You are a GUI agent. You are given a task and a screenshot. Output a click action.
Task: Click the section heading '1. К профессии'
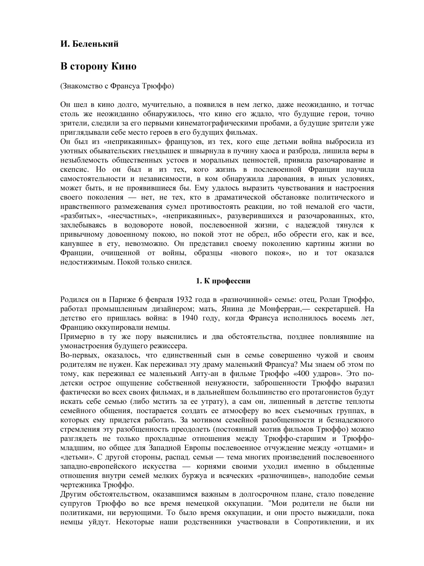coord(224,281)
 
